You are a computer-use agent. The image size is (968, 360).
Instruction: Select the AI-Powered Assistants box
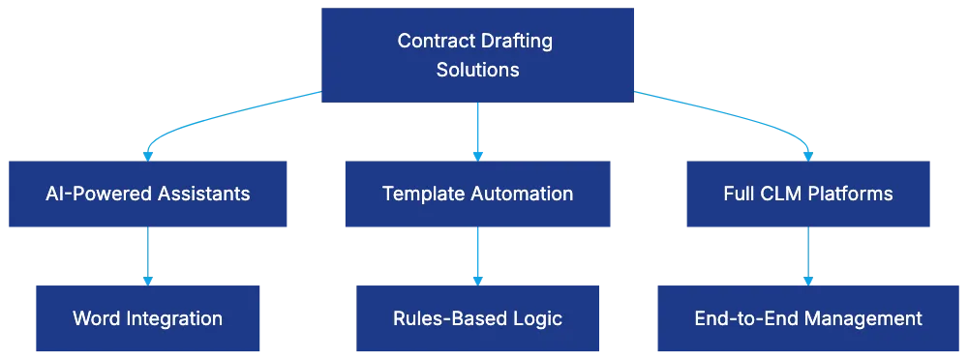point(147,194)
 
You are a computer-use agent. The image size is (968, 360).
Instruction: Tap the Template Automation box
point(477,194)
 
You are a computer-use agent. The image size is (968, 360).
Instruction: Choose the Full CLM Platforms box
point(807,194)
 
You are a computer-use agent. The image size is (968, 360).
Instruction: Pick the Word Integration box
point(147,318)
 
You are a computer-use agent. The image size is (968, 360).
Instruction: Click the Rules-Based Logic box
point(477,318)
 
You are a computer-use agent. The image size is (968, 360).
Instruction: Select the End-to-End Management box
point(807,318)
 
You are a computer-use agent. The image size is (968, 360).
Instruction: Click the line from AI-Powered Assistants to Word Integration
point(148,254)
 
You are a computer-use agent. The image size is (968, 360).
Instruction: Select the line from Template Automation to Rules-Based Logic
point(477,254)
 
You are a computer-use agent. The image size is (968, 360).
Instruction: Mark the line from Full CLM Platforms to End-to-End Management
point(807,254)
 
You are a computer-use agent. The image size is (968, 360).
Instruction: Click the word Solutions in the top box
point(477,70)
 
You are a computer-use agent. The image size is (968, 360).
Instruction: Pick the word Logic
point(538,318)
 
